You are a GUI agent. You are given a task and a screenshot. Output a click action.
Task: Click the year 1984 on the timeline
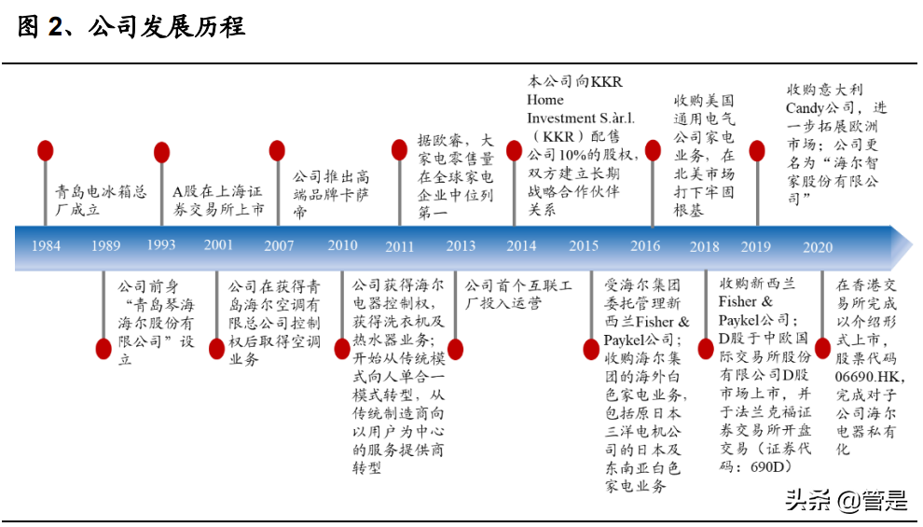click(x=47, y=246)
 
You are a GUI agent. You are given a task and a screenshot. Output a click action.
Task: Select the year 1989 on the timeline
click(x=105, y=246)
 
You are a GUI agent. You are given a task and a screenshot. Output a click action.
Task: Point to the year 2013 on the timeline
click(x=461, y=246)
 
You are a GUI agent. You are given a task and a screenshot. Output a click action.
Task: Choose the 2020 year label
click(x=818, y=246)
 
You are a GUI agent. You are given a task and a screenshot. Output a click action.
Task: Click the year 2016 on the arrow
click(x=645, y=246)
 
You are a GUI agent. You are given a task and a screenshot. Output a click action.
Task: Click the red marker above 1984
click(x=46, y=151)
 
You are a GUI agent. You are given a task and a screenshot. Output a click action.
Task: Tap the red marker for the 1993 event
click(x=161, y=151)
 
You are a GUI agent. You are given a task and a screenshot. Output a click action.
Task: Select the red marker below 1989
click(x=104, y=349)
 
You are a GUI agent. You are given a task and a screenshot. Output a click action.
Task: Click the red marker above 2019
click(x=757, y=151)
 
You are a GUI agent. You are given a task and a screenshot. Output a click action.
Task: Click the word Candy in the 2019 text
click(x=805, y=108)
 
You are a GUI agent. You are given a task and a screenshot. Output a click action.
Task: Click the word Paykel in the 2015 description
click(x=628, y=340)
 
